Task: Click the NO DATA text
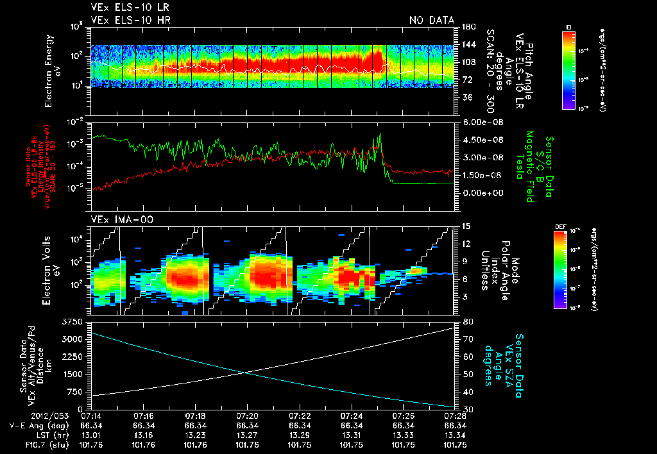click(431, 20)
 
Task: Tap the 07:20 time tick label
click(246, 416)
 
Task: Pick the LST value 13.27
click(246, 434)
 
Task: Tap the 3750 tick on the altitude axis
click(74, 321)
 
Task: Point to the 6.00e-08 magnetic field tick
click(477, 122)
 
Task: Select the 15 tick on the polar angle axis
click(465, 226)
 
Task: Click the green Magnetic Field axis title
click(530, 168)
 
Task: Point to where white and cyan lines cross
click(244, 372)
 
